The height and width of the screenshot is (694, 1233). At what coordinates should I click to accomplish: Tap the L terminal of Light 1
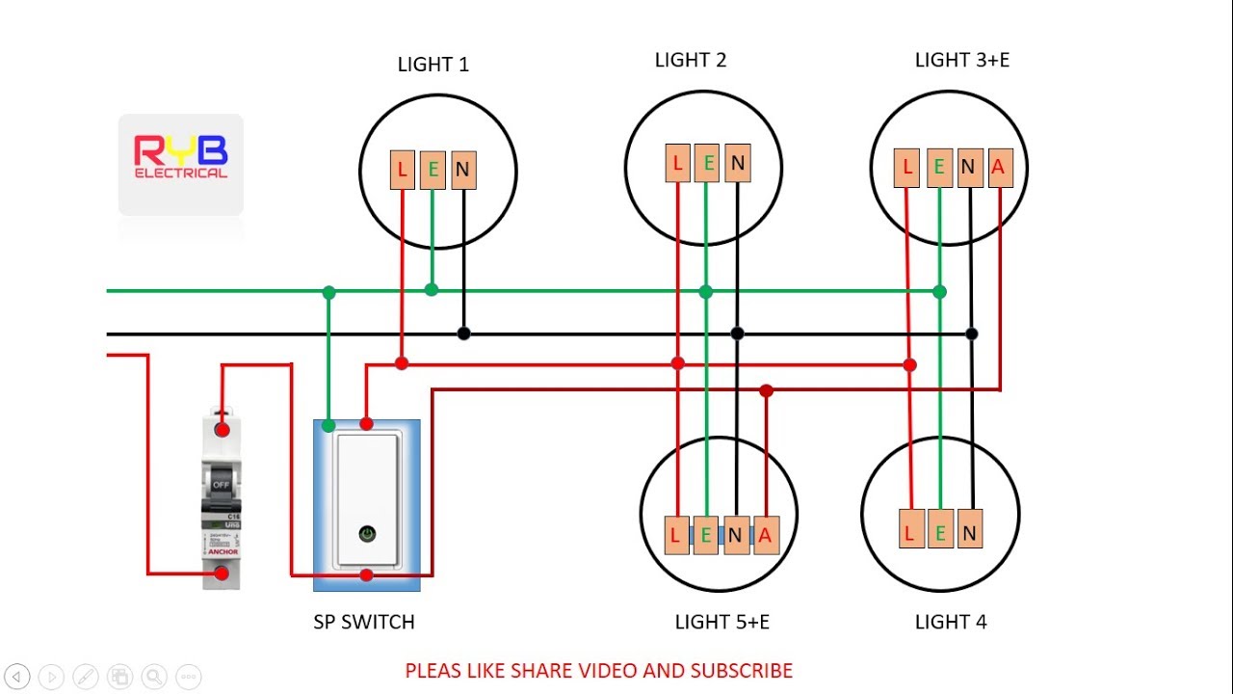pos(402,171)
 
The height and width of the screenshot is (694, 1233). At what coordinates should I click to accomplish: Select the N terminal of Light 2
pos(738,163)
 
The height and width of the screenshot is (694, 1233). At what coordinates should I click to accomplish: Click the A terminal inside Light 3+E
pos(998,168)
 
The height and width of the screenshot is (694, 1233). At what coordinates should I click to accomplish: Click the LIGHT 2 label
pos(691,60)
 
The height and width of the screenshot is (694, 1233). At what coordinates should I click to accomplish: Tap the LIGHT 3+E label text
pos(961,60)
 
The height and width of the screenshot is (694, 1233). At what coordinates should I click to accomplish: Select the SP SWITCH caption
pos(364,622)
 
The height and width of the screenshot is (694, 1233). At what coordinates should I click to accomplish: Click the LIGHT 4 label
pos(950,622)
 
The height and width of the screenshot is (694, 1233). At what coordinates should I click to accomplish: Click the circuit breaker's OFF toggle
pos(221,482)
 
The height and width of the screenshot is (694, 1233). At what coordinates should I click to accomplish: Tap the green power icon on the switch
pos(367,532)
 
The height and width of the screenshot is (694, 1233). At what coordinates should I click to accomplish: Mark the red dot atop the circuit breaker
pos(222,430)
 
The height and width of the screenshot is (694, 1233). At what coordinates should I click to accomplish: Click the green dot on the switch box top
pos(328,425)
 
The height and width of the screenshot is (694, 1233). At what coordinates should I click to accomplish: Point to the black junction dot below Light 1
pos(463,334)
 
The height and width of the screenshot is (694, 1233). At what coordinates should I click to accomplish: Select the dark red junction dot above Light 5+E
pos(766,390)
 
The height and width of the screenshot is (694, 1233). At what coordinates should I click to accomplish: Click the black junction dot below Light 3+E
pos(972,334)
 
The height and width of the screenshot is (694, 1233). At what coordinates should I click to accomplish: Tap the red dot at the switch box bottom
pos(366,575)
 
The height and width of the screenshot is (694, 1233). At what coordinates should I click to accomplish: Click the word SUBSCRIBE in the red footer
pos(741,671)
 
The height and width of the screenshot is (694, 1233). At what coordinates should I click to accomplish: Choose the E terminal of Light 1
pos(433,171)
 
